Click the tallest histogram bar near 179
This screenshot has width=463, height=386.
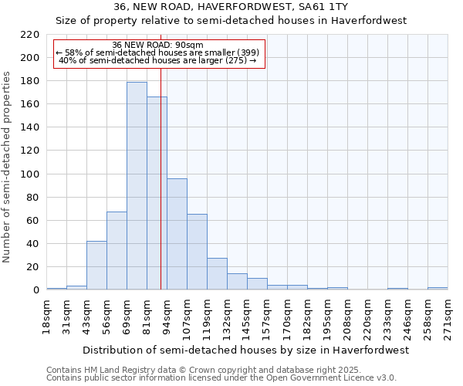(137, 186)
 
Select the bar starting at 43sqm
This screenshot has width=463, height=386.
(96, 266)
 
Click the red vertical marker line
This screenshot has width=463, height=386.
(161, 193)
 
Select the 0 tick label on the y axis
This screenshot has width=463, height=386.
(35, 290)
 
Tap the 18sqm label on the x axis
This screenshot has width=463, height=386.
(46, 317)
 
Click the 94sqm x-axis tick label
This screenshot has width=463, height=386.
(167, 317)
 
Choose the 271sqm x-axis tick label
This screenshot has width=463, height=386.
(448, 317)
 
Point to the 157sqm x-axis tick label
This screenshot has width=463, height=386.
(267, 317)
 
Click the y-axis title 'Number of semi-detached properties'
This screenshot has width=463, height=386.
(8, 167)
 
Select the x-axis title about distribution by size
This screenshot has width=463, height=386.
(245, 350)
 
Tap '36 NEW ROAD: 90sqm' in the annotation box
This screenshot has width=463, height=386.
(157, 45)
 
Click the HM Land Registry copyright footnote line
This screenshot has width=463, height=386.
(199, 370)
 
